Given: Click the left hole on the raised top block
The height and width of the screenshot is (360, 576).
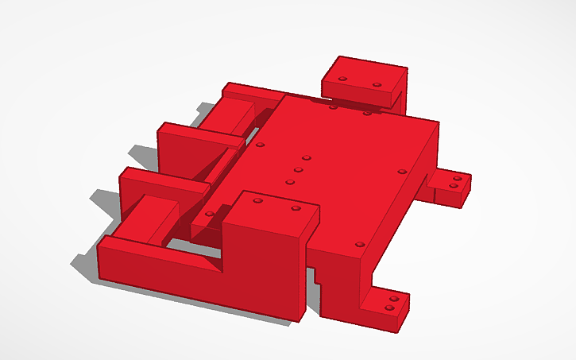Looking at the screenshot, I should click(x=342, y=79).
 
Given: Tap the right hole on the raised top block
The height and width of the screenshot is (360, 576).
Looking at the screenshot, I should click(x=377, y=83).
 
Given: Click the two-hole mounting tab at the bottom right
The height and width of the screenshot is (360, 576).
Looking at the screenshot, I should click(x=388, y=303).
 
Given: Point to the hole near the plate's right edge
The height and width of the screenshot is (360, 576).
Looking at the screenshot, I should click(x=401, y=170).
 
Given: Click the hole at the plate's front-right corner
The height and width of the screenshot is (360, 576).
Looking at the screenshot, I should click(x=359, y=243).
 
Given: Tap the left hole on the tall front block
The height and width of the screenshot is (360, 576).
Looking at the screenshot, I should click(x=257, y=201).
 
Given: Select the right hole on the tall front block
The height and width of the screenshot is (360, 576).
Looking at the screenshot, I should click(x=296, y=208).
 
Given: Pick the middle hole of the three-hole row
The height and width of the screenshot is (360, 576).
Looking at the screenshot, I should click(x=299, y=169).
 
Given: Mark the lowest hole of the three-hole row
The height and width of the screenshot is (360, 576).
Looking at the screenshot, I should click(x=290, y=182).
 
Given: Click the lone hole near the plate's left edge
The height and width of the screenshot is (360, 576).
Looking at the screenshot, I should click(x=261, y=145).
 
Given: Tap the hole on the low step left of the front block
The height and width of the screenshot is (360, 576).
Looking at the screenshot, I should click(x=209, y=213).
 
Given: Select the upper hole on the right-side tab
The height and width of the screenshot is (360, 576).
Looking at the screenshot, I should click(x=456, y=179).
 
